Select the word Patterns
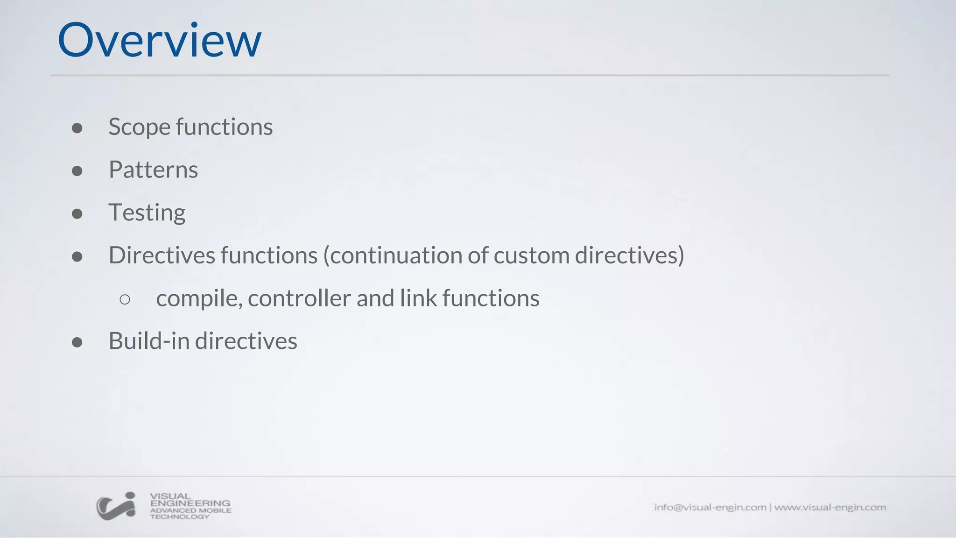[x=153, y=170]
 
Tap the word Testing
[x=147, y=213]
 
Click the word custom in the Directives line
[x=531, y=255]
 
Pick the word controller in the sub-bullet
[x=299, y=298]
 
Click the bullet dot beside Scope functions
[x=77, y=128]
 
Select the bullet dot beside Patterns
[x=77, y=171]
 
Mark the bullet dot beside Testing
[x=77, y=214]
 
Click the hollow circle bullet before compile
[x=125, y=299]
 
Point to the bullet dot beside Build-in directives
[x=77, y=342]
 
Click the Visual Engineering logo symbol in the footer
[x=116, y=506]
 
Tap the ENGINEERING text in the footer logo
[x=190, y=503]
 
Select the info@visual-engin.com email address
[x=710, y=507]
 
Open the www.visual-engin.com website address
[x=830, y=507]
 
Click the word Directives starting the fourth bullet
[x=162, y=255]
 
